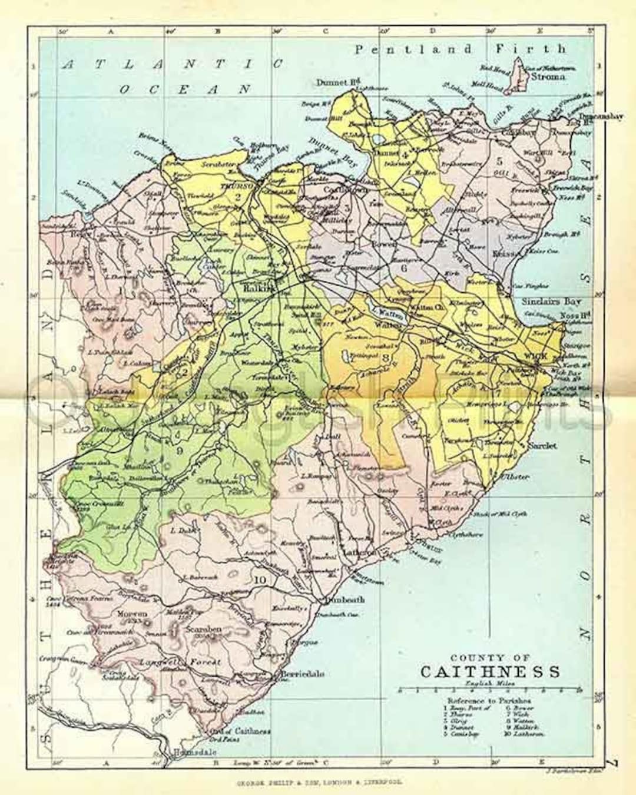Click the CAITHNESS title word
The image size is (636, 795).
pyautogui.click(x=490, y=672)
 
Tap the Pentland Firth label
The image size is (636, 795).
pyautogui.click(x=460, y=49)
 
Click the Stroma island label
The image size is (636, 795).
pyautogui.click(x=548, y=77)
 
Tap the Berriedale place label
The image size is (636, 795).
pyautogui.click(x=302, y=674)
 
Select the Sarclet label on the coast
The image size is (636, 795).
pyautogui.click(x=542, y=446)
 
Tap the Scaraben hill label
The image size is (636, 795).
pyautogui.click(x=203, y=629)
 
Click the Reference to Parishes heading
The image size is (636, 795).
pyautogui.click(x=489, y=701)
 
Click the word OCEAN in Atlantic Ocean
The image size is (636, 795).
pyautogui.click(x=185, y=90)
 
